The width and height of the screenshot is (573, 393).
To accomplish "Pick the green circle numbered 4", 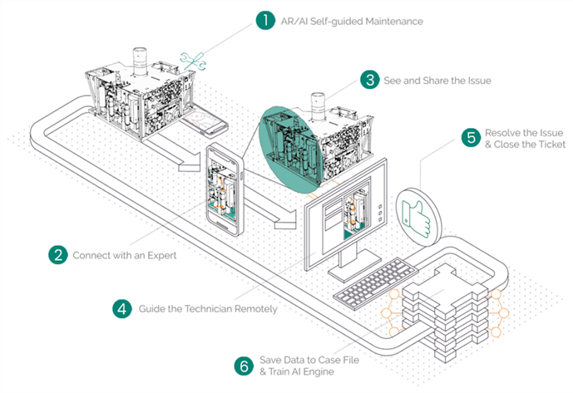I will coord(122,308).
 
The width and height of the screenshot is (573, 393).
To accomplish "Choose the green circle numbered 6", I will coord(244,366).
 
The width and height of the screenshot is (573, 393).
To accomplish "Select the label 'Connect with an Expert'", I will coord(124,255).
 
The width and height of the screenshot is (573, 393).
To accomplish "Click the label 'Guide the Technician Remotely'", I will coord(201,308).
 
